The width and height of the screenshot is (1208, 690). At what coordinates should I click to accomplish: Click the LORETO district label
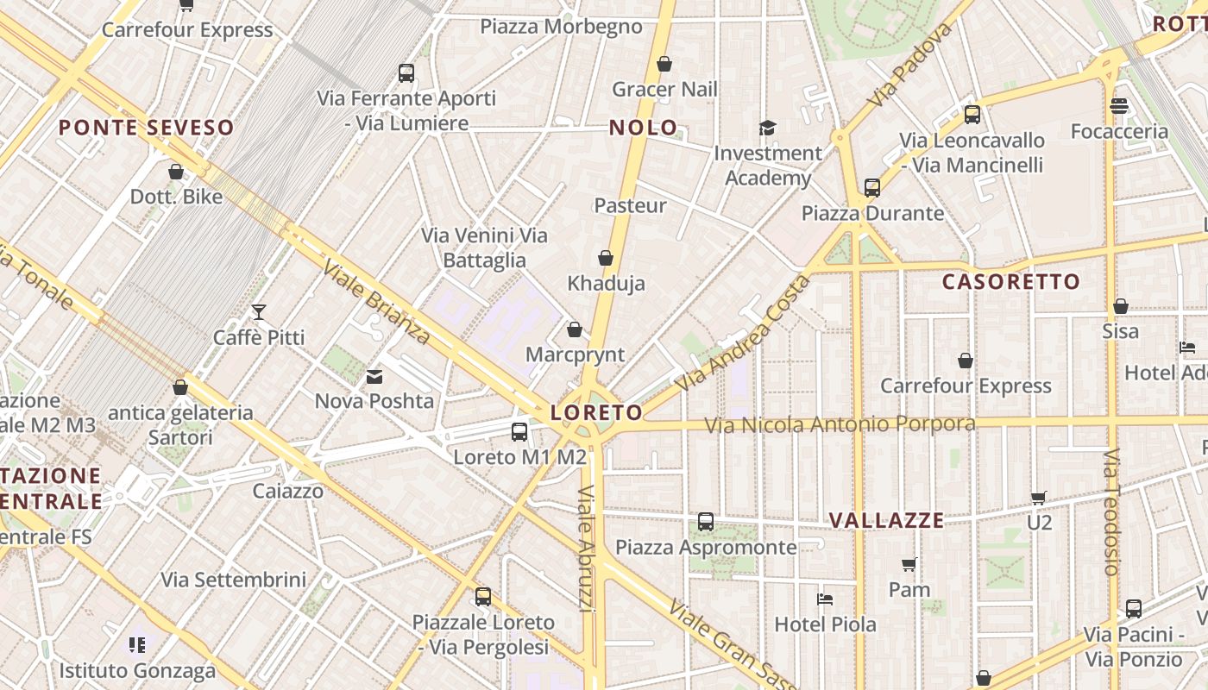click(x=596, y=412)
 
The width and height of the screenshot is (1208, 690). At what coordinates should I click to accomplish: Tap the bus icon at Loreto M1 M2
click(x=519, y=432)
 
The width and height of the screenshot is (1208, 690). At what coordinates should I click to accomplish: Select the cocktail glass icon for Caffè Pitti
click(x=258, y=311)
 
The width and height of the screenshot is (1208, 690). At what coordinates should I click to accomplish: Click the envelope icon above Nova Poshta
click(x=374, y=376)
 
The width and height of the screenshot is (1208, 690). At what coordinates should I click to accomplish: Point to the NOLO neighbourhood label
click(x=644, y=128)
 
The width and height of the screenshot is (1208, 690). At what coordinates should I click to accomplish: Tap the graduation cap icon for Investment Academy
click(x=767, y=129)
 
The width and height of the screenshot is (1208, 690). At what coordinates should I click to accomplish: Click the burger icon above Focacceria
click(x=1119, y=106)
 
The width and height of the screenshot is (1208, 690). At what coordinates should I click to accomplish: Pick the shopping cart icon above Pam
click(x=909, y=565)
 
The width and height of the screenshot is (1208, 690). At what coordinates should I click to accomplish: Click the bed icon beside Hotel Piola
click(x=825, y=599)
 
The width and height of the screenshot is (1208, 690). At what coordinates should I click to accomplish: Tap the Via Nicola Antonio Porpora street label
click(x=840, y=424)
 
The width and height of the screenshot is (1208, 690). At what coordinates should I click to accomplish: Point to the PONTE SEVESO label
click(x=146, y=128)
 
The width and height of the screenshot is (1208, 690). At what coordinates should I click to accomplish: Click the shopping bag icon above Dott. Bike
click(x=176, y=172)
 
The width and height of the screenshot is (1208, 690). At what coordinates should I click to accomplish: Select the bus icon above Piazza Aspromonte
click(x=706, y=522)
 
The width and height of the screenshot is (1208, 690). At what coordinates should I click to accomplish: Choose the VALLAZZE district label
click(x=886, y=520)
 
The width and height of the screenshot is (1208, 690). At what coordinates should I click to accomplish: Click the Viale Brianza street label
click(x=376, y=301)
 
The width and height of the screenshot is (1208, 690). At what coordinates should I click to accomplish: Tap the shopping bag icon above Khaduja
click(x=606, y=258)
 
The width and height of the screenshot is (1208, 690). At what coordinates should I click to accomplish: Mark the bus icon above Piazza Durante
click(x=872, y=188)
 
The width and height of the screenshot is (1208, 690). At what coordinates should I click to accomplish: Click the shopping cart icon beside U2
click(x=1039, y=498)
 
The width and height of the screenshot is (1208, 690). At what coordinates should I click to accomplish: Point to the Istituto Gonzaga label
click(x=137, y=670)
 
